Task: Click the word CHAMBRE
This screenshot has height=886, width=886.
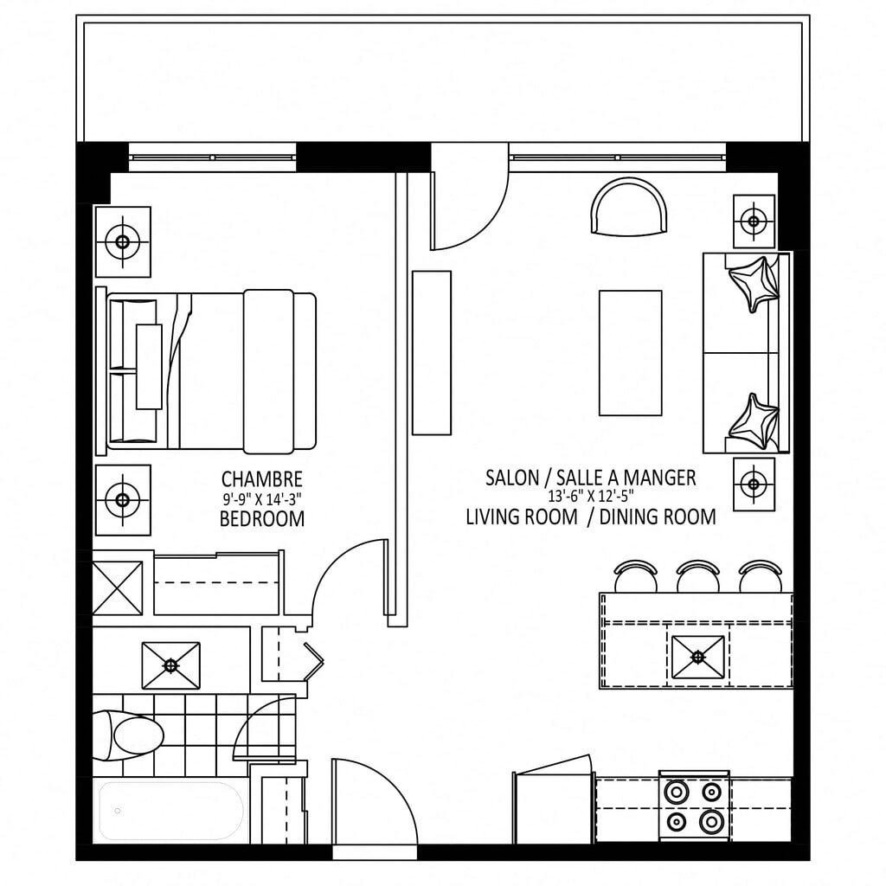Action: point(261,479)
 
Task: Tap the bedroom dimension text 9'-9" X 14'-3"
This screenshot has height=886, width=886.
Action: point(261,499)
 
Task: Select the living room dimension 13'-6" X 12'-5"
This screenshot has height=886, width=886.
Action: point(590,497)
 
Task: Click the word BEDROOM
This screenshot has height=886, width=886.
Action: point(261,518)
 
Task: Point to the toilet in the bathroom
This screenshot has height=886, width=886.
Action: point(128,735)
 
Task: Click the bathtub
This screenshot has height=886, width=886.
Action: point(171,811)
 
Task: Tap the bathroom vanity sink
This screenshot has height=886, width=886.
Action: point(170,665)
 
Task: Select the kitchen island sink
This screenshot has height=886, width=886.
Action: point(698,657)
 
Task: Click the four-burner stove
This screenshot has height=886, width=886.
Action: point(694,806)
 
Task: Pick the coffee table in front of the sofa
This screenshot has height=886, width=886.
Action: point(630,353)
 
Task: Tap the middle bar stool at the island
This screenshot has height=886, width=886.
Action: point(698,576)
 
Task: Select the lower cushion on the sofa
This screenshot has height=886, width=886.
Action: point(754,421)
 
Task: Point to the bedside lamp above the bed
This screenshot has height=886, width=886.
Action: point(123,242)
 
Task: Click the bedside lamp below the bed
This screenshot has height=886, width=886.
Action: point(123,500)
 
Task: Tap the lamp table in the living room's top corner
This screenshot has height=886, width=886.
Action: point(754,221)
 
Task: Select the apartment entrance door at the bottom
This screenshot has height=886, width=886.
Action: point(374,802)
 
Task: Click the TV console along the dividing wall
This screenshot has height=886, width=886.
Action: point(432,353)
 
